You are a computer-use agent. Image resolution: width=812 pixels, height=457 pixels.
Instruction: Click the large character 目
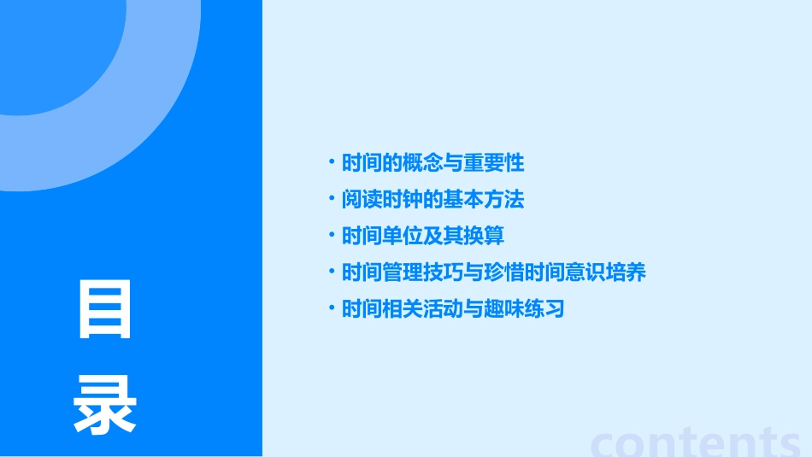105,310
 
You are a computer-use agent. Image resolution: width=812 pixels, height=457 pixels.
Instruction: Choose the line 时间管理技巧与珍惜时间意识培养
493,272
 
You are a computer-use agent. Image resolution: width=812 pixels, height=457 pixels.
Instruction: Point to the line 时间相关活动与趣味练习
453,309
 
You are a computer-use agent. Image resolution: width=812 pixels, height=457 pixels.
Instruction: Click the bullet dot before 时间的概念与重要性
332,162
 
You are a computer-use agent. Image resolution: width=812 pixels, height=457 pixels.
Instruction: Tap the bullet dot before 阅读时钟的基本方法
332,199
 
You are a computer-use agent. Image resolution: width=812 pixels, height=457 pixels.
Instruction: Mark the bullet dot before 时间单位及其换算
332,235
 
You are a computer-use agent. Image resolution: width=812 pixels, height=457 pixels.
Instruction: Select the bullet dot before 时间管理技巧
332,272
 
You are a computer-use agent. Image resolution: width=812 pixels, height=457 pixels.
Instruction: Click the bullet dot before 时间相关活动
332,308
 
